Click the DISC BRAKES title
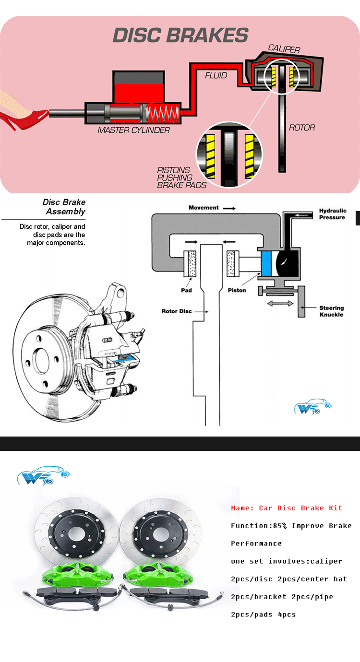click(x=180, y=35)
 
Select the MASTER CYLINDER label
click(x=133, y=130)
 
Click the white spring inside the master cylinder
click(x=162, y=114)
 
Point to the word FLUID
click(x=216, y=75)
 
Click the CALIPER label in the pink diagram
click(x=284, y=49)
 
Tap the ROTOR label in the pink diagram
click(x=302, y=128)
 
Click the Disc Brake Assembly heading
click(x=64, y=207)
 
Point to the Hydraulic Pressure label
click(x=332, y=214)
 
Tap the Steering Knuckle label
click(x=331, y=311)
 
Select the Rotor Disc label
click(x=177, y=311)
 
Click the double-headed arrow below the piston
click(x=280, y=303)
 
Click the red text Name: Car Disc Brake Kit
click(x=287, y=508)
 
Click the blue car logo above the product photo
click(x=43, y=475)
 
